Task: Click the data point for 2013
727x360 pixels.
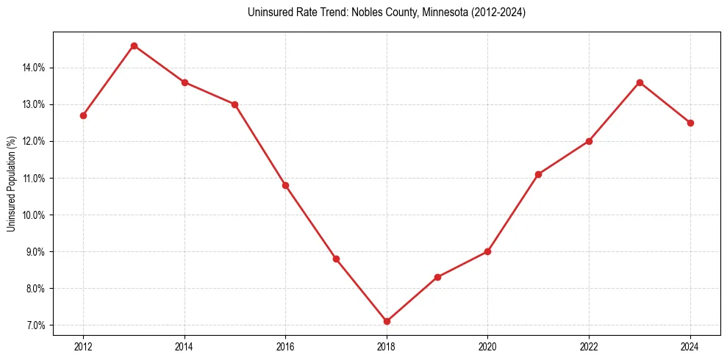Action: pyautogui.click(x=134, y=46)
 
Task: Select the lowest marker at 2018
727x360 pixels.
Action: pyautogui.click(x=387, y=321)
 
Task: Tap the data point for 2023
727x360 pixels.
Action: pyautogui.click(x=640, y=82)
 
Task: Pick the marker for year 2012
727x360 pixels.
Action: pyautogui.click(x=83, y=115)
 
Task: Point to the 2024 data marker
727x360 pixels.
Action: pyautogui.click(x=690, y=123)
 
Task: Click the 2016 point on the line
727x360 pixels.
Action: pyautogui.click(x=285, y=185)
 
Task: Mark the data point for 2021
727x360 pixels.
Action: pyautogui.click(x=539, y=174)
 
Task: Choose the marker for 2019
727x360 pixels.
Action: pyautogui.click(x=437, y=277)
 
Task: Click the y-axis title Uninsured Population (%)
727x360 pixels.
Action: pyautogui.click(x=11, y=184)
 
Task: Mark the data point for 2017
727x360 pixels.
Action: pyautogui.click(x=336, y=259)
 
